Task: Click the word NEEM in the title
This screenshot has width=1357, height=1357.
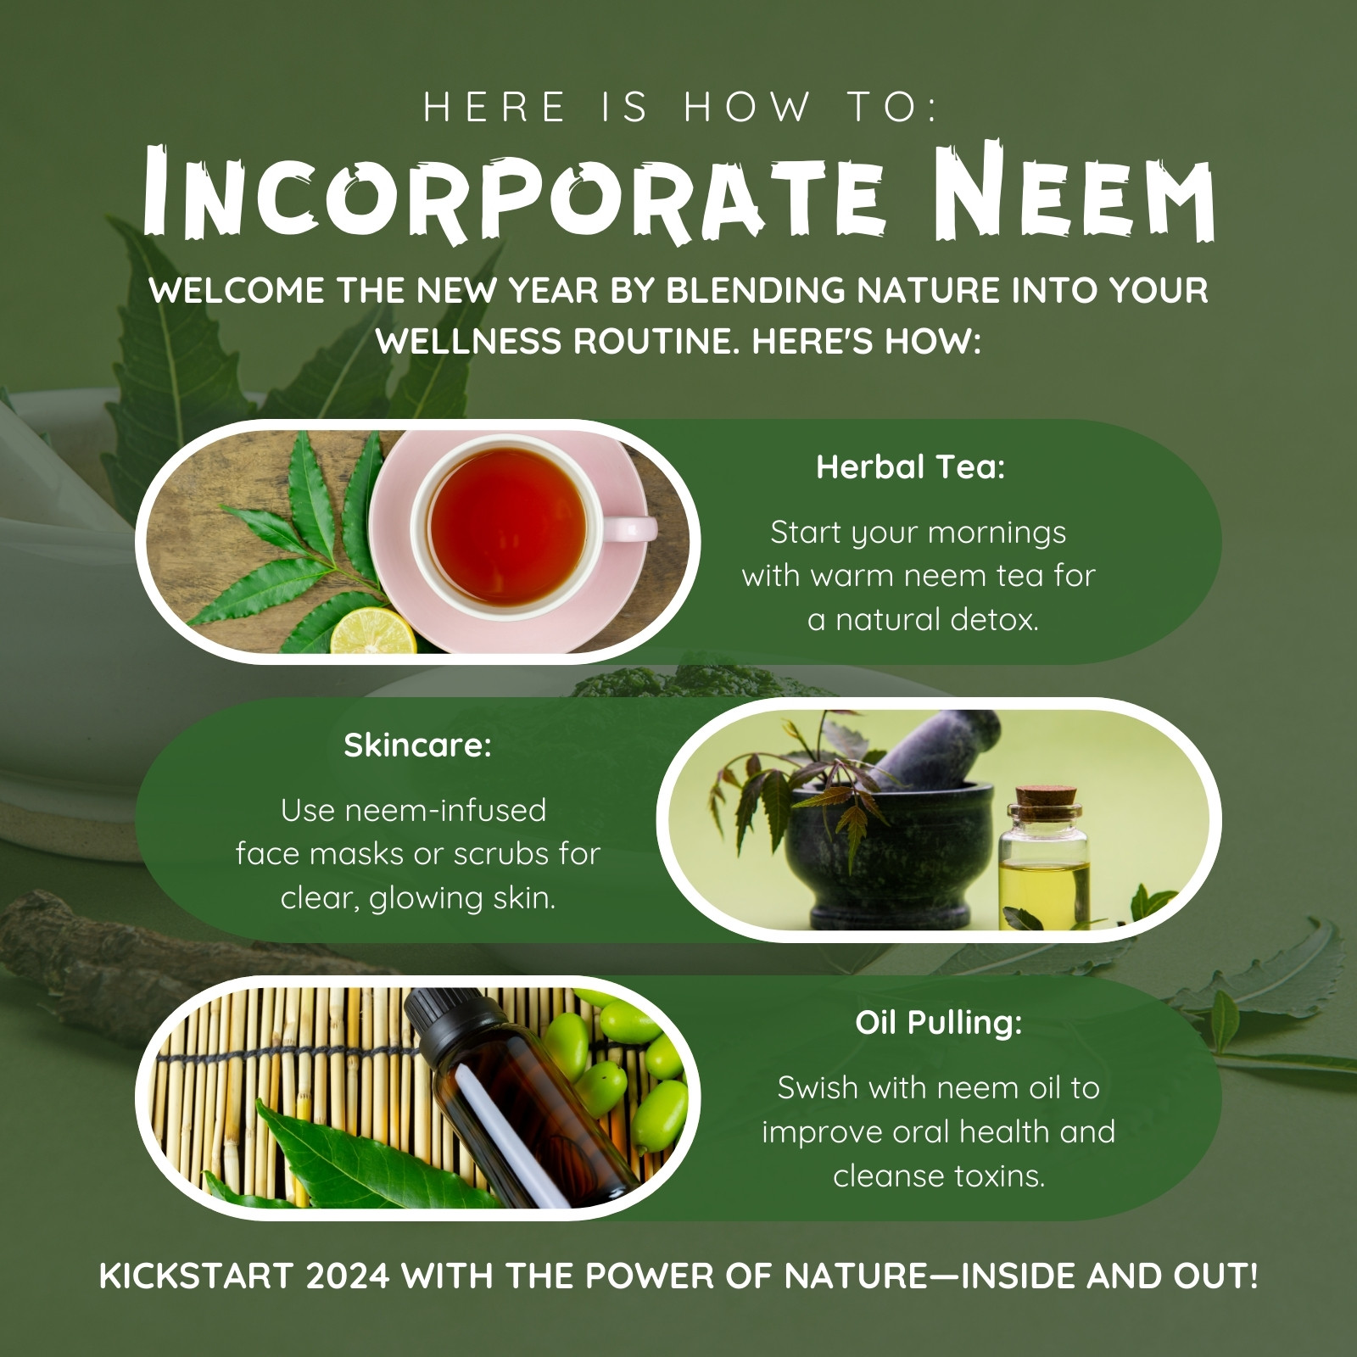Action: (x=1076, y=193)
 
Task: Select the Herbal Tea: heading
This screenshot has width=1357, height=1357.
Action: (x=911, y=466)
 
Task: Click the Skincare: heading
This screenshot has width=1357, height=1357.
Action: (x=417, y=746)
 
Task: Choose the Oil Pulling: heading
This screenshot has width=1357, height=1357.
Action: (x=939, y=1023)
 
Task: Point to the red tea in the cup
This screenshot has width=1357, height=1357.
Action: (x=507, y=527)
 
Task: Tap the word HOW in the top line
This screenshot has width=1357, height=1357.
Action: (x=747, y=108)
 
